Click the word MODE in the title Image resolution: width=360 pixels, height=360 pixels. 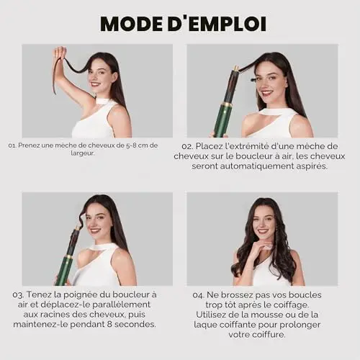click(132, 24)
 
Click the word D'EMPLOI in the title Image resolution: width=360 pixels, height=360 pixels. click(217, 24)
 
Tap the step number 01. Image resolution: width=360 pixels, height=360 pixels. click(12, 145)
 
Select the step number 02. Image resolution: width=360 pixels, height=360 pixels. click(187, 146)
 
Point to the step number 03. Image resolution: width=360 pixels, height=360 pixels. click(18, 294)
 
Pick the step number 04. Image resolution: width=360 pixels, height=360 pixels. click(199, 295)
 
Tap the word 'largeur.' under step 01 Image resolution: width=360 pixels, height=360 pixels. click(83, 153)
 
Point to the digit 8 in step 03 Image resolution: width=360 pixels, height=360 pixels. click(109, 324)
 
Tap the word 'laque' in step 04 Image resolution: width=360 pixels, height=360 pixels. click(205, 325)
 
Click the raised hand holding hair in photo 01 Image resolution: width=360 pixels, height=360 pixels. click(60, 53)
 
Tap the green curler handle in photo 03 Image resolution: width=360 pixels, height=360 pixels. click(64, 271)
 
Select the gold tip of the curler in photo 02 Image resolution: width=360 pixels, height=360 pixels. click(235, 68)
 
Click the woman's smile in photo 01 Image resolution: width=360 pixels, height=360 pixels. click(95, 84)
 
